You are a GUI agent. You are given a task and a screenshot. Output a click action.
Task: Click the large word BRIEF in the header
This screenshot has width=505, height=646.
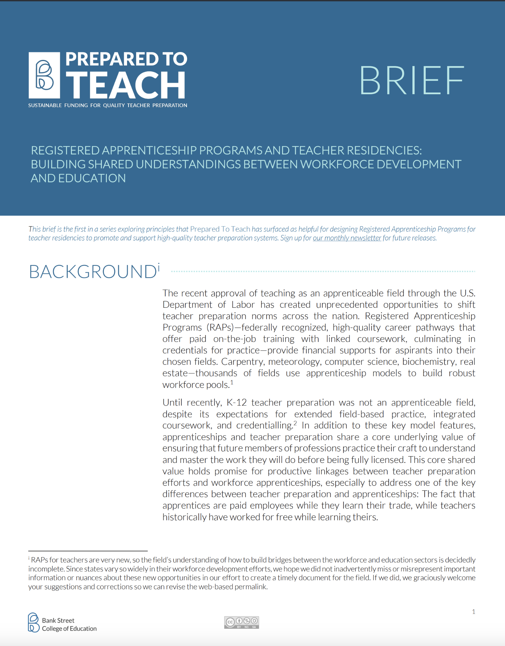[x=411, y=80]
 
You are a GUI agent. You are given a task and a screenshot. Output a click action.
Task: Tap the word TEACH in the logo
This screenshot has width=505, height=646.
[x=126, y=85]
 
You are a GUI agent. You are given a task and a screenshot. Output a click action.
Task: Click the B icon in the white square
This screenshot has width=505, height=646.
[x=44, y=75]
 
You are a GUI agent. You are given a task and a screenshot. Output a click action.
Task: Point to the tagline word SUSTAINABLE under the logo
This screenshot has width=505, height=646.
[x=45, y=105]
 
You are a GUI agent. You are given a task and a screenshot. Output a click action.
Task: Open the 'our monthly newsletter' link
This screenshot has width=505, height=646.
[x=347, y=238]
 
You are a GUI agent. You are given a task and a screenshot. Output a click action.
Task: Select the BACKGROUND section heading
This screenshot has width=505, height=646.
[x=93, y=272]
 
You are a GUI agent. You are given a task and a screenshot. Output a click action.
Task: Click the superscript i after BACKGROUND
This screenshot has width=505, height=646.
[x=159, y=266]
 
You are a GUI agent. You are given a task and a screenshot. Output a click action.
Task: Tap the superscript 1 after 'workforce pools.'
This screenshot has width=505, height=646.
[x=232, y=382]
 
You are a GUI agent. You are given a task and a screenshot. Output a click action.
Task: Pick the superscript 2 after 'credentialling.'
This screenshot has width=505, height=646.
[x=295, y=423]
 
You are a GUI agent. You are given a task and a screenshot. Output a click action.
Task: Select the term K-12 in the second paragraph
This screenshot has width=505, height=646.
[x=237, y=403]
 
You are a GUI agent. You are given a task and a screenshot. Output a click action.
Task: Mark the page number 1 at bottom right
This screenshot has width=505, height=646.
[x=473, y=612]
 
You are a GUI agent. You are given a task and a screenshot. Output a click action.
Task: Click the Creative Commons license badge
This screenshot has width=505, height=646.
[x=242, y=622]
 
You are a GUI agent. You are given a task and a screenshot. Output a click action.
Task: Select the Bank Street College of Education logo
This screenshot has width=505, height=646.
[x=62, y=623]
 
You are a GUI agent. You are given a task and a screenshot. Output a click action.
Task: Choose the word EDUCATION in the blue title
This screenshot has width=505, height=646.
[x=92, y=178]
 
